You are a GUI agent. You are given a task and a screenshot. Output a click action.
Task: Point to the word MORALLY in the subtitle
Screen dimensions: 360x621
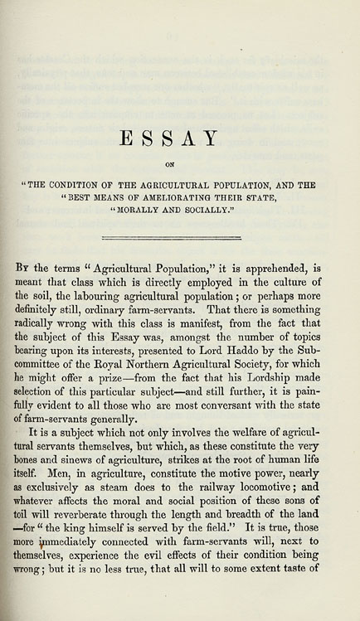click(139, 211)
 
